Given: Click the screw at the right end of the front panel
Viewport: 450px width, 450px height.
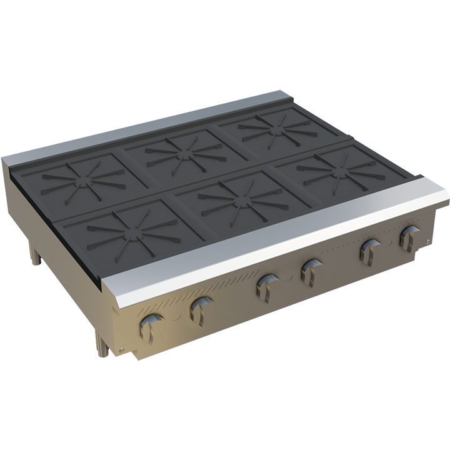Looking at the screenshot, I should point(427,241).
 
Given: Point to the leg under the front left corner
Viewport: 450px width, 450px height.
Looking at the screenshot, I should point(100,342).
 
